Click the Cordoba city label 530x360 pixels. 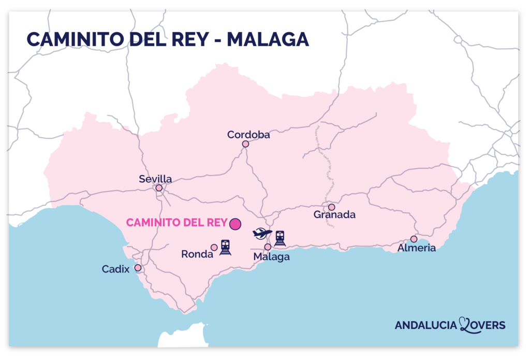coord(248,135)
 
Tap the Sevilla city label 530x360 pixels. coord(155,179)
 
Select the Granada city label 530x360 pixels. coord(334,214)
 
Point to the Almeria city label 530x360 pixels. coord(417,248)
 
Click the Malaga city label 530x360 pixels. coord(271,257)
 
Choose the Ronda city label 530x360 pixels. coord(197,254)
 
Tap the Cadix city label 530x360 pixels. coord(115,269)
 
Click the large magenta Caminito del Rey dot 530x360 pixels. coord(235,224)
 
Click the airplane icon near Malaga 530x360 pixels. coord(262,234)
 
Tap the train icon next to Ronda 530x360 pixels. coord(225,247)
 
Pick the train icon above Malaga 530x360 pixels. coord(280,238)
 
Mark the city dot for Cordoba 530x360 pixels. coord(245,144)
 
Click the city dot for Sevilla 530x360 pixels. coord(159,188)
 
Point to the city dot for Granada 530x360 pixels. coord(331,207)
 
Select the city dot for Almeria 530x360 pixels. coord(414,239)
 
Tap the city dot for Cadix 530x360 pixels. coord(138,268)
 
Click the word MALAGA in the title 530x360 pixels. coord(268,39)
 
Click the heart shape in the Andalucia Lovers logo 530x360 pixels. coord(464,325)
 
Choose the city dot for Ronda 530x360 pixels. coord(214,248)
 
